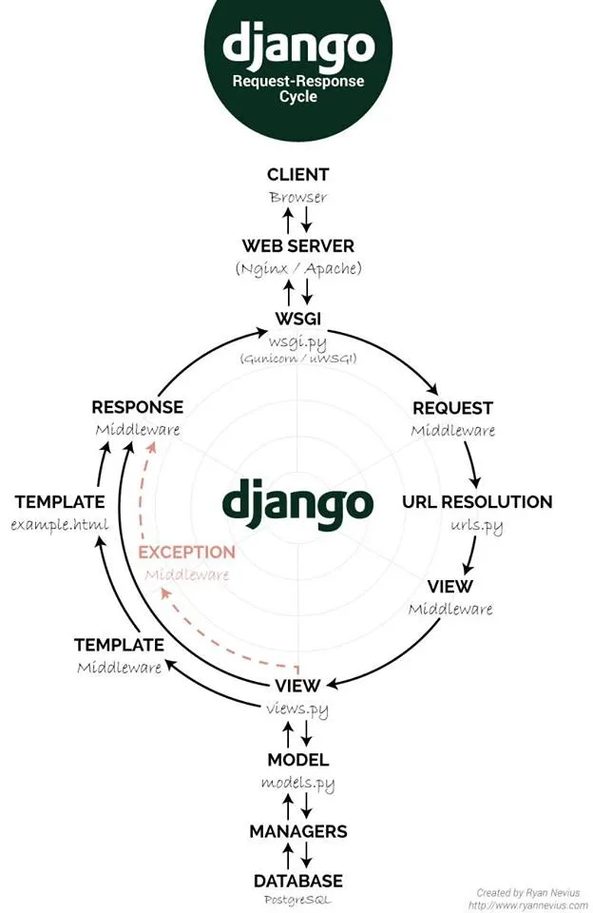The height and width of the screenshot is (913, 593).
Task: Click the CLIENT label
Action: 297,174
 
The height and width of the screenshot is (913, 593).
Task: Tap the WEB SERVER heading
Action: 297,245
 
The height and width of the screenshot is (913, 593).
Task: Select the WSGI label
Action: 297,319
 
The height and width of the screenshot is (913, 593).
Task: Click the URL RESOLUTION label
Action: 477,501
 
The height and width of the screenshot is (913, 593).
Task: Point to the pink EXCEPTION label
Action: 186,552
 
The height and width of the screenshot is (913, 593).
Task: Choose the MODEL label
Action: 298,759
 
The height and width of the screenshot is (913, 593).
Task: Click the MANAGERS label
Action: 298,831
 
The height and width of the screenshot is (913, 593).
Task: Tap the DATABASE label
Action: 298,881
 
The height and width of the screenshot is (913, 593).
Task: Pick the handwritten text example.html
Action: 59,525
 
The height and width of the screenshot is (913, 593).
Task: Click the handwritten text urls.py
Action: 477,526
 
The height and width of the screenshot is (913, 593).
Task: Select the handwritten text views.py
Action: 297,709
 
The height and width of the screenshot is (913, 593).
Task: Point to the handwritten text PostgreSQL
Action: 298,901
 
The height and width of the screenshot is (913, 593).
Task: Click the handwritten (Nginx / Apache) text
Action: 298,268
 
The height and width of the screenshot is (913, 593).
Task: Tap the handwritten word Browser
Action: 298,198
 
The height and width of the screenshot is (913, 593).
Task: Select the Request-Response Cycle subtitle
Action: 298,88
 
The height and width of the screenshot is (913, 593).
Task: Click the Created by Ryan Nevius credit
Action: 527,893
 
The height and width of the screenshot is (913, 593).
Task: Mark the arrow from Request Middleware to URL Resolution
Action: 473,464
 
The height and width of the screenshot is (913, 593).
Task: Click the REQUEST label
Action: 452,408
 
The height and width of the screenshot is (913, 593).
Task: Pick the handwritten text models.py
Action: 298,783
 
